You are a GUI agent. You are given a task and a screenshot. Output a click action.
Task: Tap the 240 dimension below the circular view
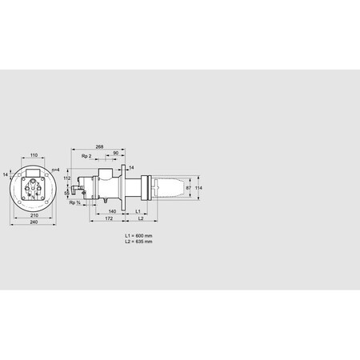tap(33, 222)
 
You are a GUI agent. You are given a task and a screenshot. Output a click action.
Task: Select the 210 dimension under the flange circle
tap(33, 214)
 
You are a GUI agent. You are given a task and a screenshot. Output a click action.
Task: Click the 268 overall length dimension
tap(99, 147)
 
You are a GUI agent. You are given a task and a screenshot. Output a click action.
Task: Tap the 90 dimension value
tap(116, 154)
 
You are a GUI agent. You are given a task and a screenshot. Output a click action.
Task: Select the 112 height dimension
tap(68, 178)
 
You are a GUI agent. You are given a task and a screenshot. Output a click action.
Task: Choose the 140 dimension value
tap(112, 210)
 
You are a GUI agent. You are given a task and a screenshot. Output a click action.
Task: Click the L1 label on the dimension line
tap(138, 210)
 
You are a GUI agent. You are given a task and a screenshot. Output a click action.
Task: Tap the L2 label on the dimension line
tap(140, 218)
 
